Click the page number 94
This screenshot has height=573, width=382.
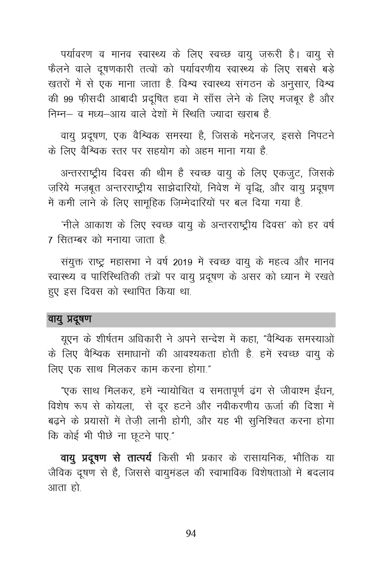(x=191, y=534)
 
